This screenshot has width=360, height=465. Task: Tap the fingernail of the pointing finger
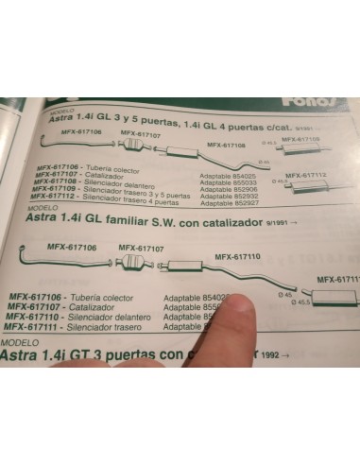tap(244, 306)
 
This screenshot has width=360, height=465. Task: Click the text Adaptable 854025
tap(229, 175)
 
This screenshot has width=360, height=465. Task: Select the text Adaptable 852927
tap(229, 200)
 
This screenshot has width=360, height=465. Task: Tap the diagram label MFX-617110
tap(237, 256)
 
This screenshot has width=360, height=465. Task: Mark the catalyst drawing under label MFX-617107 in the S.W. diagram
tap(131, 262)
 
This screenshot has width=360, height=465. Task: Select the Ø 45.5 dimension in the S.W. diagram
tap(302, 301)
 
